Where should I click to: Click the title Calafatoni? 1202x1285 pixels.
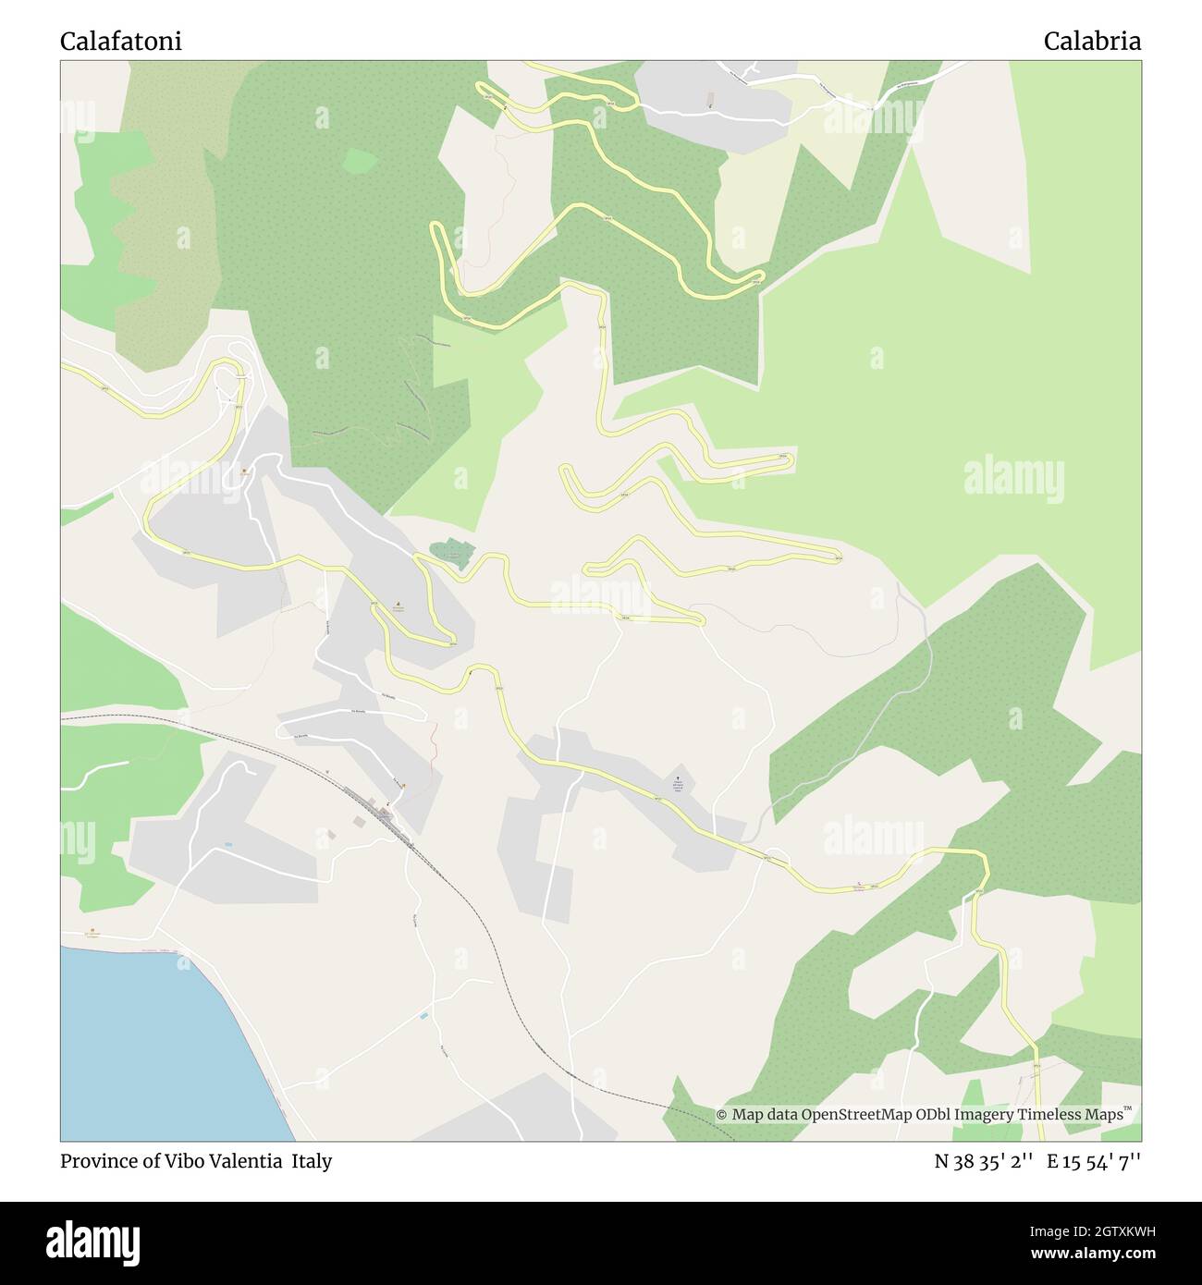121,42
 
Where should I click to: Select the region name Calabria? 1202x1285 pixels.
1092,42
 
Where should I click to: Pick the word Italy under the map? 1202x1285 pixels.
313,1161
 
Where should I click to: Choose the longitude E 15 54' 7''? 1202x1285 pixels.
1094,1161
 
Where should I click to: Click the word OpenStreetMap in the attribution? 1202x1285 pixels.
855,1115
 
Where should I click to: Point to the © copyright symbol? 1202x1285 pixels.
721,1115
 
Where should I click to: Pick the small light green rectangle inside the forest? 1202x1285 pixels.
360,161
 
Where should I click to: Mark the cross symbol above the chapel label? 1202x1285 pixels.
680,777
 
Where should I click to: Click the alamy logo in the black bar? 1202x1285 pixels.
92,1241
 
